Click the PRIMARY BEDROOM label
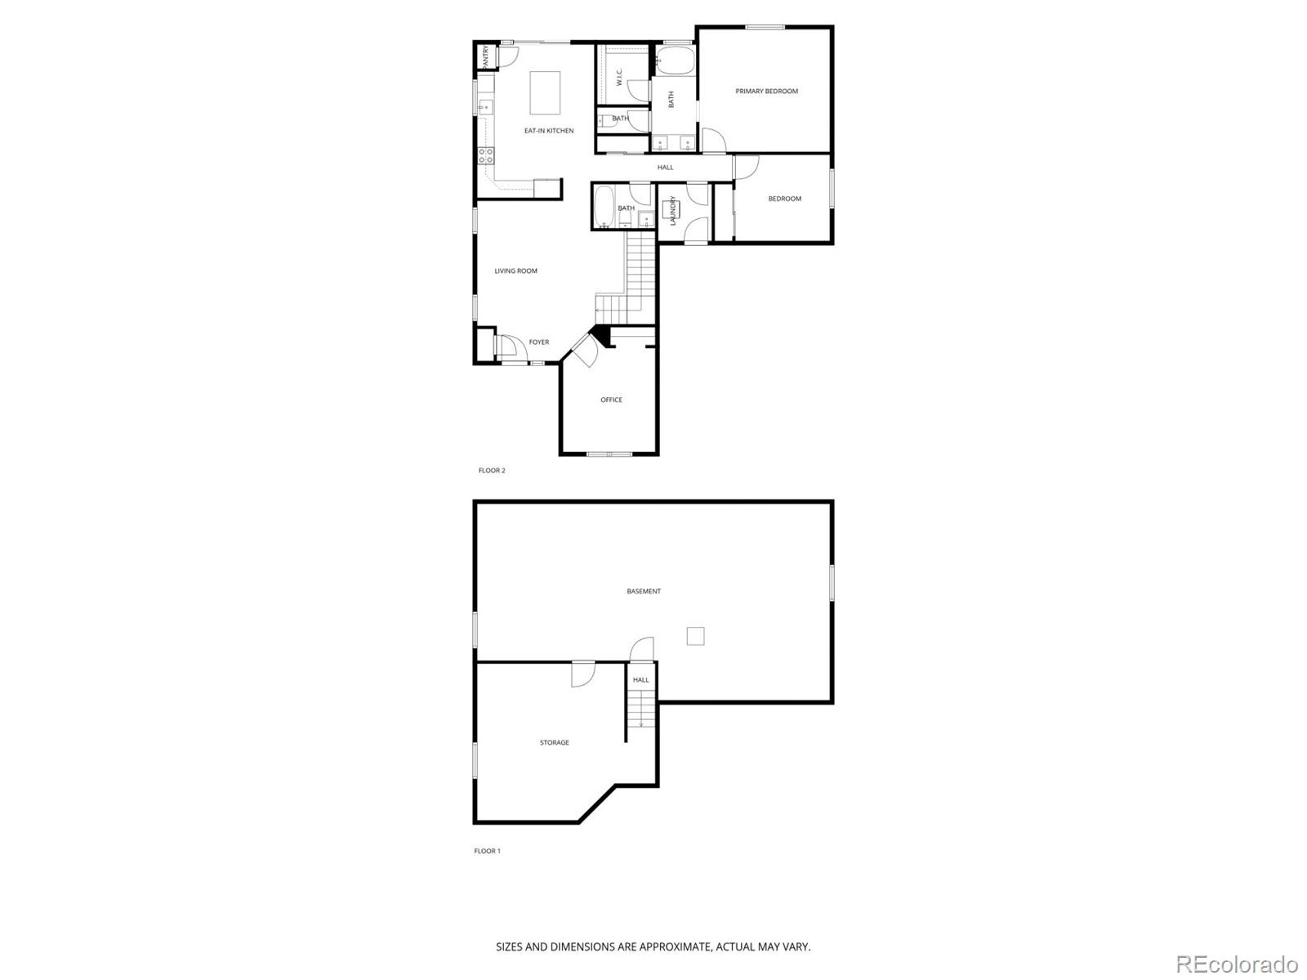tap(766, 92)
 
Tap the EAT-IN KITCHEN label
tap(549, 131)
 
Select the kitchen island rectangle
tap(546, 93)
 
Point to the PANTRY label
tap(485, 56)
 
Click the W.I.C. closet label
tap(620, 78)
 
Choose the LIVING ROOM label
tap(515, 271)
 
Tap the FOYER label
tap(539, 342)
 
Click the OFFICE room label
tap(611, 401)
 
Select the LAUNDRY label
tap(673, 210)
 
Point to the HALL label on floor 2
tap(666, 168)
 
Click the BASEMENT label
tap(644, 592)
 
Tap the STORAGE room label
tap(555, 743)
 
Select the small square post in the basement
tap(695, 636)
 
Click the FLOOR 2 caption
tap(492, 471)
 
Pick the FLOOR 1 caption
tap(487, 851)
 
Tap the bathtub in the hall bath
tap(603, 208)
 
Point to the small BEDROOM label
tap(784, 199)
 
